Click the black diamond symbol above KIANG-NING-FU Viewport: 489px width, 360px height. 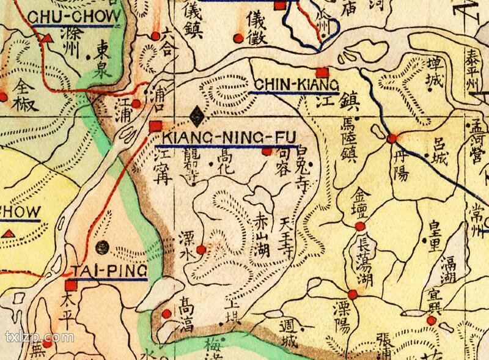[196, 114]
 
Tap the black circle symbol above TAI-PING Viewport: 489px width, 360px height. [103, 247]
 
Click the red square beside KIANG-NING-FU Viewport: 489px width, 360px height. [154, 127]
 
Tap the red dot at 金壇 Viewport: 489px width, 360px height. [360, 227]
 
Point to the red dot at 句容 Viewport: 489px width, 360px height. [266, 152]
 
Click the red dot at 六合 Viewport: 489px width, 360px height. [155, 35]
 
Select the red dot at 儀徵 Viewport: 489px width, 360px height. [238, 39]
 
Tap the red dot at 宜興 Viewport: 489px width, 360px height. [432, 320]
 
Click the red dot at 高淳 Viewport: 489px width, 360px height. [168, 314]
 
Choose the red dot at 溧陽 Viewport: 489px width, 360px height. [352, 294]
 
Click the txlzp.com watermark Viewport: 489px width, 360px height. [39, 337]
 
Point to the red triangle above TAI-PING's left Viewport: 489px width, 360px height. [9, 233]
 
